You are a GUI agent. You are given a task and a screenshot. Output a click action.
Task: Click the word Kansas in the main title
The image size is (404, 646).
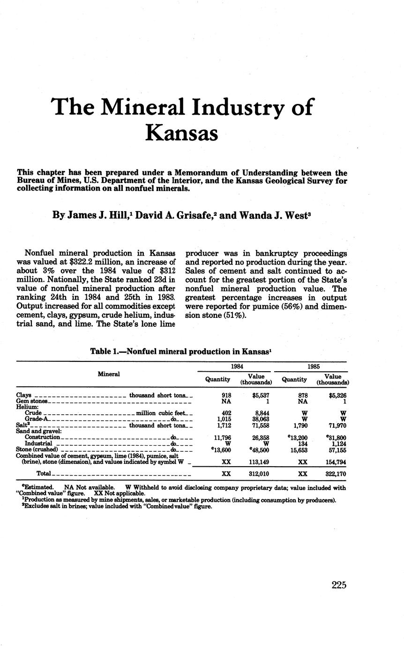point(182,132)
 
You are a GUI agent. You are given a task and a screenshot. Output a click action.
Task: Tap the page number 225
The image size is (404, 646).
point(338,585)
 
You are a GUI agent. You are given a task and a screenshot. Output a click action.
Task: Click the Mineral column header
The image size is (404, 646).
point(108,374)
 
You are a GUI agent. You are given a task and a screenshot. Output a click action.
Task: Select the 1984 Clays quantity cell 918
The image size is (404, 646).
point(226,396)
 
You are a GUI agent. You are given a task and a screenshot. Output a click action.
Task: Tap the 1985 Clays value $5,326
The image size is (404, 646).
point(335,396)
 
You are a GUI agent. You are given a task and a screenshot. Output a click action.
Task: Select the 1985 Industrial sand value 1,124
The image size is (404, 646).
point(336,443)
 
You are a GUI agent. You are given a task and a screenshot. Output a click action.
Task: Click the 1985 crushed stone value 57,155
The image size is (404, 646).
point(335,449)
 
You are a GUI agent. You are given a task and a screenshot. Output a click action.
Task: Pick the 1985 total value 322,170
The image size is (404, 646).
point(335,474)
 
